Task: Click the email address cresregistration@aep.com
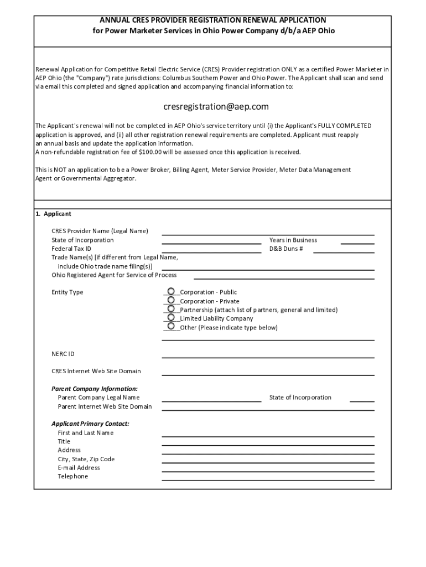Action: tap(216, 106)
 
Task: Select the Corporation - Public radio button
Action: tap(171, 291)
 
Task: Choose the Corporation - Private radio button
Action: tap(171, 300)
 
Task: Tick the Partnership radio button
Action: tap(171, 309)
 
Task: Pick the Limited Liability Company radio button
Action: tap(171, 318)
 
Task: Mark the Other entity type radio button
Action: tap(171, 326)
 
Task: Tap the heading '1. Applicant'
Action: tap(53, 214)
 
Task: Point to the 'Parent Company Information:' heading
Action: tap(95, 389)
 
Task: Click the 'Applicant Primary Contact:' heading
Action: tap(90, 424)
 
